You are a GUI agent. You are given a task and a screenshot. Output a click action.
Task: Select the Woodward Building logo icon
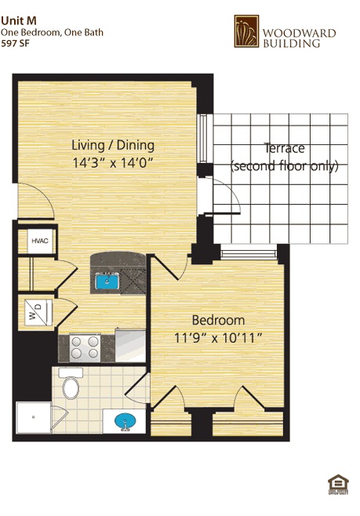(x=246, y=31)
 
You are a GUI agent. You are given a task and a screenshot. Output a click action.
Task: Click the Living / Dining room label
(x=113, y=146)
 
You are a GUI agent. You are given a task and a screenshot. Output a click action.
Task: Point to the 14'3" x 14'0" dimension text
(x=113, y=163)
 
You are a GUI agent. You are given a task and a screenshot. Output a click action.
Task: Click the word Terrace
(x=284, y=148)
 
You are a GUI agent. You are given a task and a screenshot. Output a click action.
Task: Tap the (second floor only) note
(x=284, y=166)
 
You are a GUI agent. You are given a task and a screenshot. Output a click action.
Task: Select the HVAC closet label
(x=39, y=242)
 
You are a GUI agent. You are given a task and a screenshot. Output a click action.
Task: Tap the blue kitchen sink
(x=107, y=280)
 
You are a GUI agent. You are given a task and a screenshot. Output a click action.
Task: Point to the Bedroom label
(x=218, y=320)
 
